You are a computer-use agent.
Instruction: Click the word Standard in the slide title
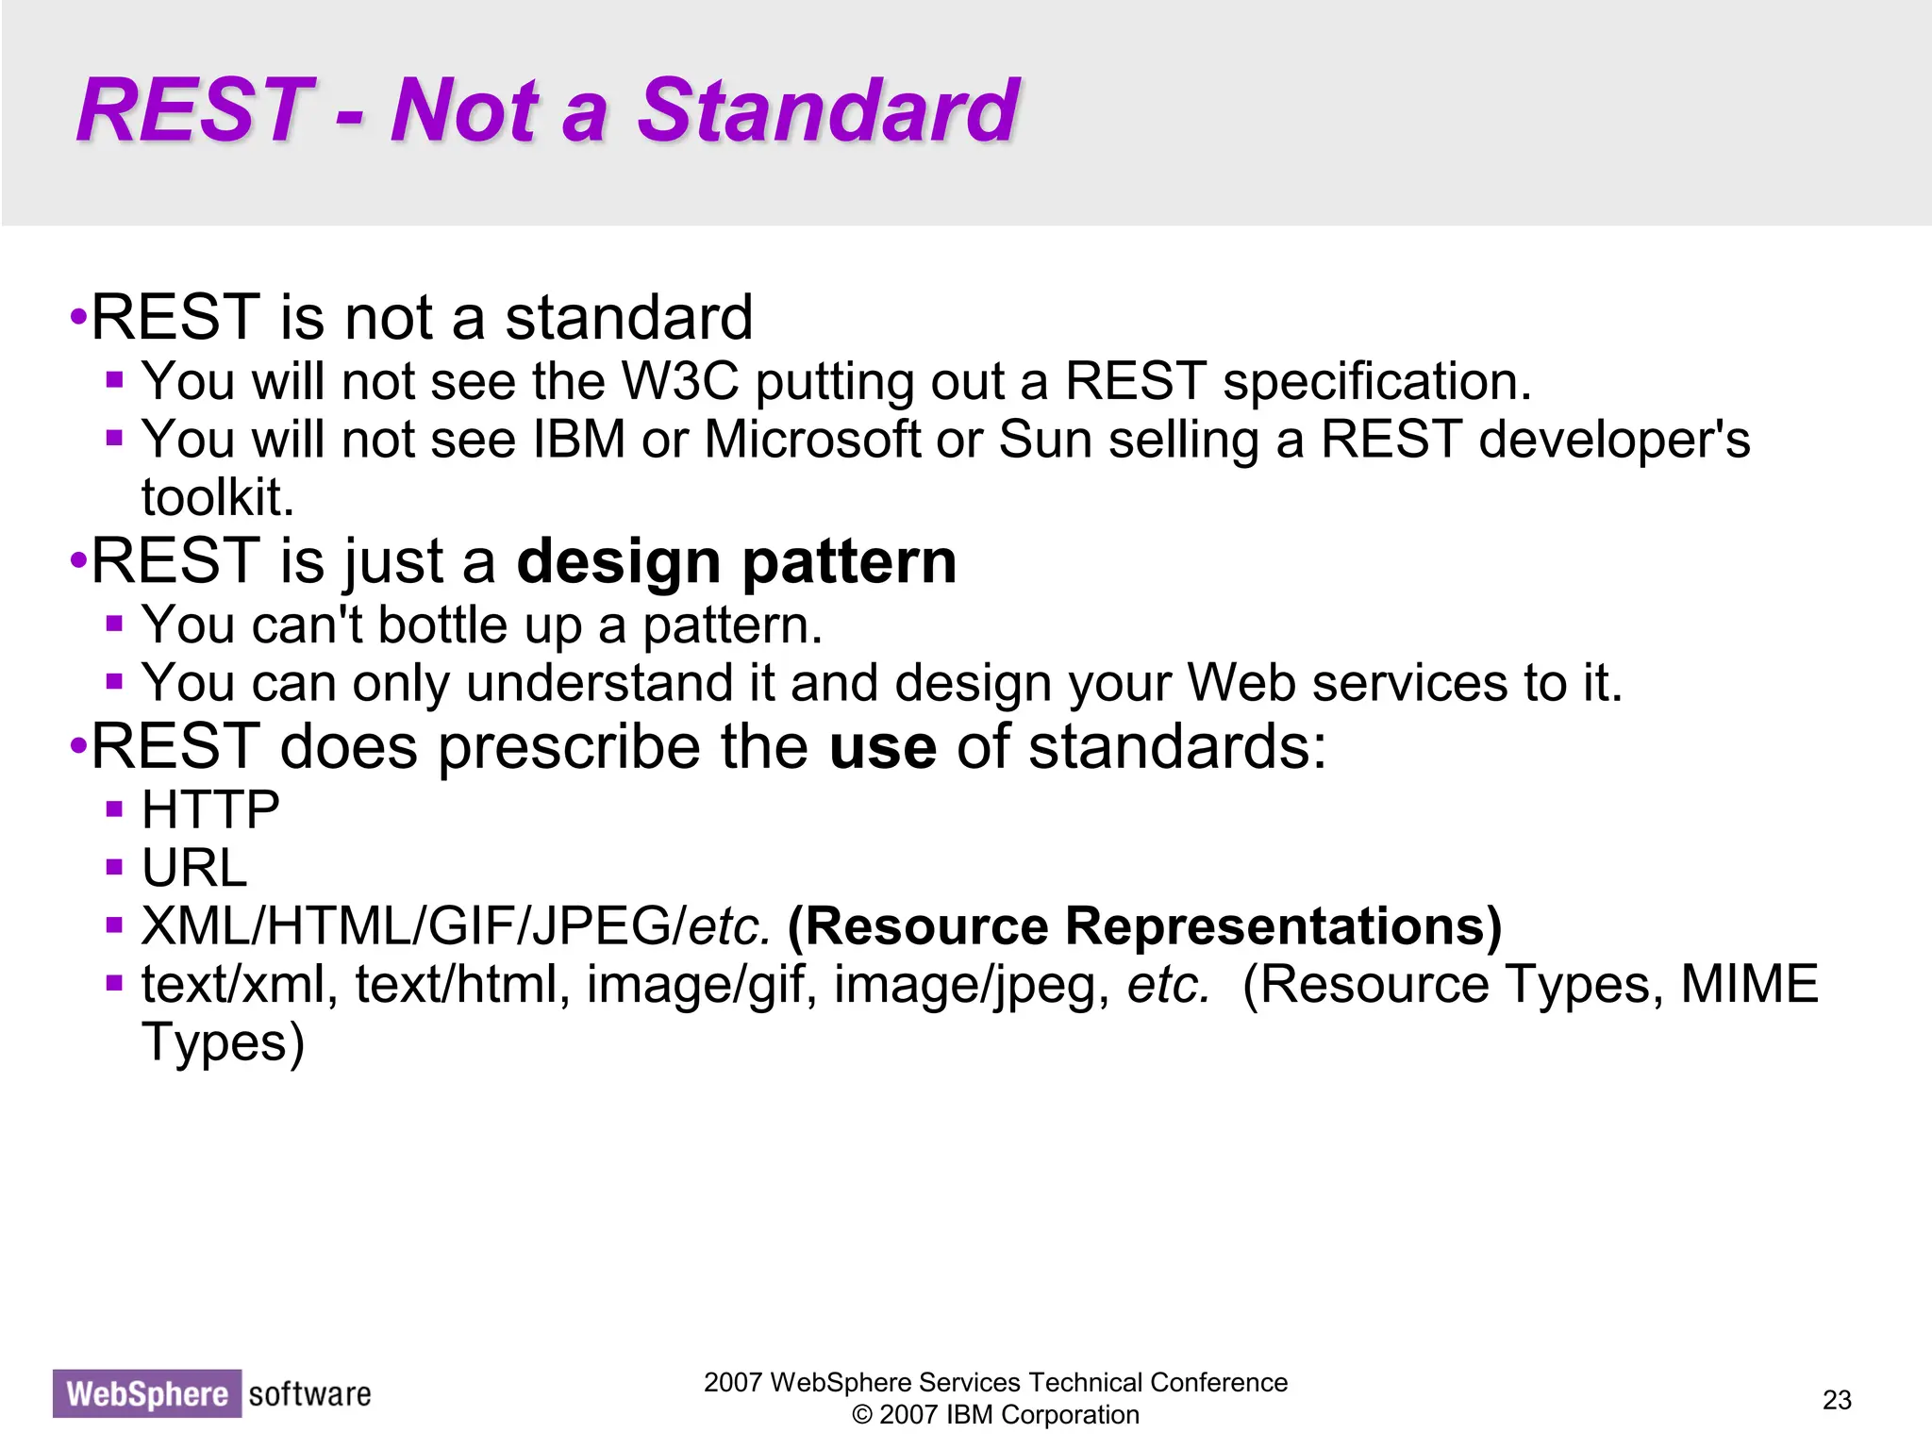pos(828,110)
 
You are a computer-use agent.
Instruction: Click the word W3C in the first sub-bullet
pos(679,382)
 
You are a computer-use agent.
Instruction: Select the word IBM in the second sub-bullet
pos(578,440)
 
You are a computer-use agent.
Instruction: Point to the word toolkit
pos(217,497)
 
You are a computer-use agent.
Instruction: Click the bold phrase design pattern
pos(736,561)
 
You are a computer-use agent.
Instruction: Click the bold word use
pos(882,746)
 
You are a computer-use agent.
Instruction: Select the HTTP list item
pos(210,810)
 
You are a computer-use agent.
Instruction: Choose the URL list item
pos(194,868)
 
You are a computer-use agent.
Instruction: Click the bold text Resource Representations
pos(1143,926)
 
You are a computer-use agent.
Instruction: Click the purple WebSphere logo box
pos(146,1393)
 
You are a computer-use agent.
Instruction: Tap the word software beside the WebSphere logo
pos(309,1393)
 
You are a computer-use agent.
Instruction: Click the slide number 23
pos(1836,1399)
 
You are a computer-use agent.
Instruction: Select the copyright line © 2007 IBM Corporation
pos(995,1415)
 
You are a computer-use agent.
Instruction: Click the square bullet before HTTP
pos(114,809)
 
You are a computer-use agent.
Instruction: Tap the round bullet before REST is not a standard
pos(78,317)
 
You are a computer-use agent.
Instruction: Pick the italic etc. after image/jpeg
pos(1168,984)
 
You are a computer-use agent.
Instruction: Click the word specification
pos(1376,382)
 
